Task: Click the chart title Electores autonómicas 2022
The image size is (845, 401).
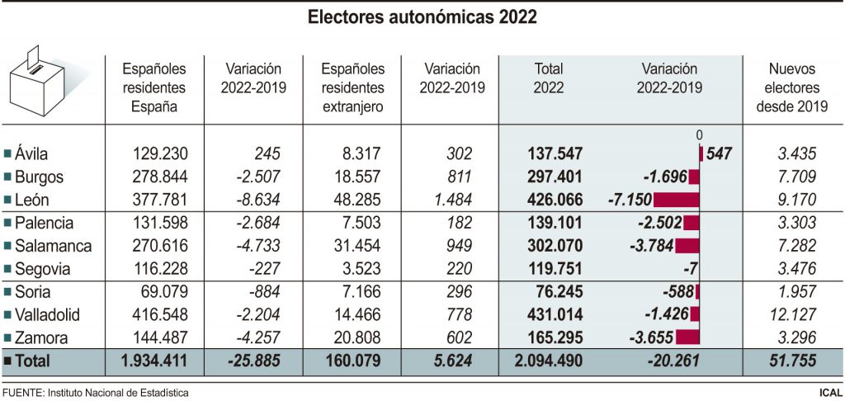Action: click(422, 17)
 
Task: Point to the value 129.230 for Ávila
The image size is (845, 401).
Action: click(160, 153)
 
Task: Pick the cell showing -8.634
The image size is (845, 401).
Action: click(257, 200)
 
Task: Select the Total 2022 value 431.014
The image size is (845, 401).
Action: click(555, 314)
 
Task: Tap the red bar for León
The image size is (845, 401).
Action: click(676, 200)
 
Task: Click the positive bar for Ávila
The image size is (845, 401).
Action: click(701, 153)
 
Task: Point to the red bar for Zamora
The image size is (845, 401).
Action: click(687, 337)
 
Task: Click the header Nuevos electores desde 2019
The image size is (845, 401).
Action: click(792, 87)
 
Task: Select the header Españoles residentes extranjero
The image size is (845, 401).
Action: click(352, 87)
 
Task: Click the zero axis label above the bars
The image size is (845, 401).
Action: click(699, 135)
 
